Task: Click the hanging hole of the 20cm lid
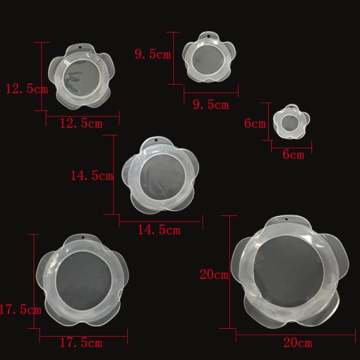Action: (x=286, y=218)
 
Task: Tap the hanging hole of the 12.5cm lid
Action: (x=80, y=47)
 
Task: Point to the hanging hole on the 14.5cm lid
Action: (x=156, y=140)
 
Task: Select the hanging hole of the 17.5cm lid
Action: (x=83, y=238)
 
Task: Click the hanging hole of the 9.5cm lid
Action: (x=208, y=36)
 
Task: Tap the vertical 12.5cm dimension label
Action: (x=26, y=89)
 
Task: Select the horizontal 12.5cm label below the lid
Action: (x=81, y=124)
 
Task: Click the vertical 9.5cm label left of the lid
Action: (x=153, y=55)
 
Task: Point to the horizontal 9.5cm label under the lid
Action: (x=211, y=104)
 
